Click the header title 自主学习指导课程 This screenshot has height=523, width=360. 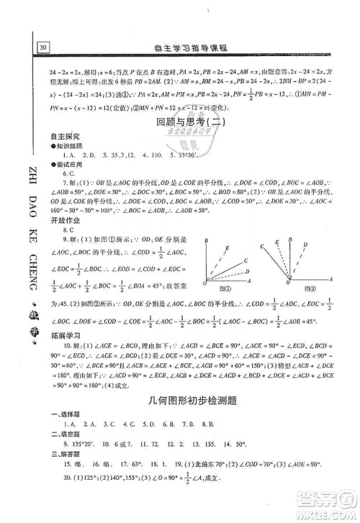click(192, 48)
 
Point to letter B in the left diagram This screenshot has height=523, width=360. click(206, 241)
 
